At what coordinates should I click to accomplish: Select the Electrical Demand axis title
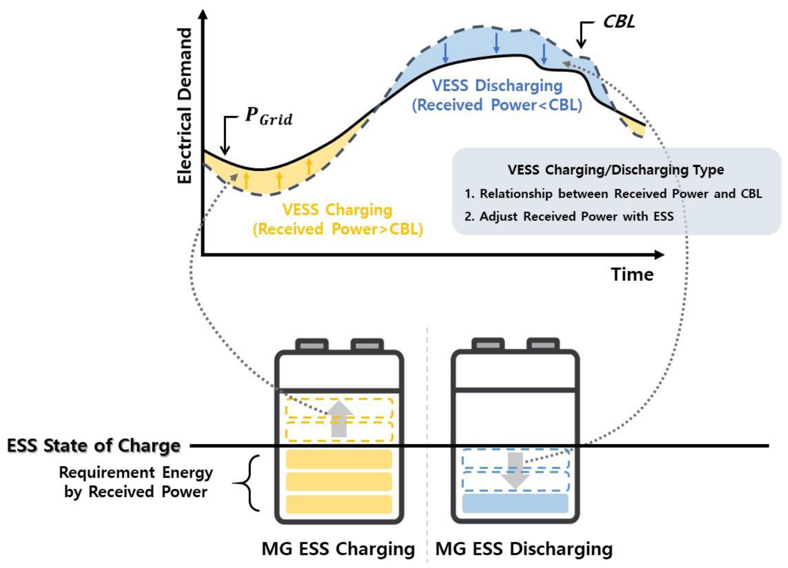click(x=185, y=106)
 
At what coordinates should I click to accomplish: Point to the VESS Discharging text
click(x=497, y=86)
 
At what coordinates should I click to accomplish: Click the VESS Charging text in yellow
click(x=337, y=210)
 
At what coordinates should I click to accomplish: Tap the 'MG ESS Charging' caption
click(x=338, y=549)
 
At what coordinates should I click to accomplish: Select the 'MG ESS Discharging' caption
click(x=524, y=549)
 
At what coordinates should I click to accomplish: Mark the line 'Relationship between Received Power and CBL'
click(x=613, y=194)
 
